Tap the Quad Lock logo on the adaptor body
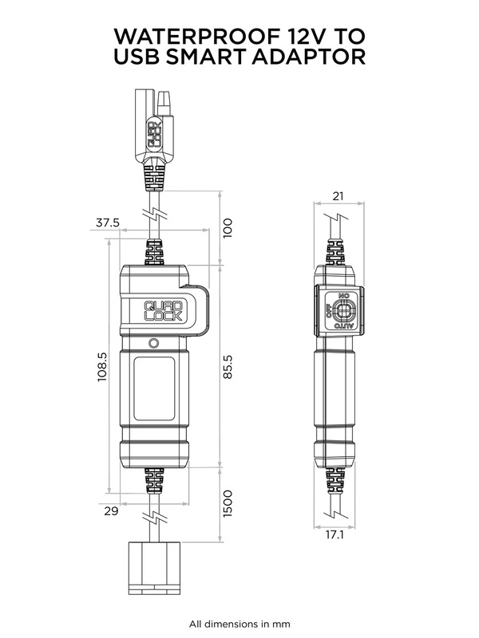164,309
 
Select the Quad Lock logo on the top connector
154,133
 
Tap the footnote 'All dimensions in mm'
239,624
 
